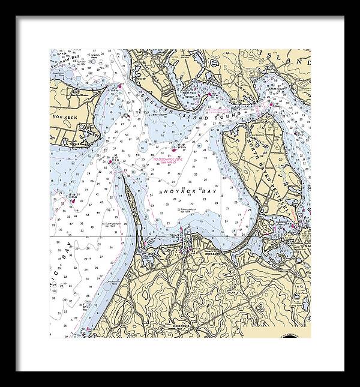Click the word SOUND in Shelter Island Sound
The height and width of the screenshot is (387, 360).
[232, 113]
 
